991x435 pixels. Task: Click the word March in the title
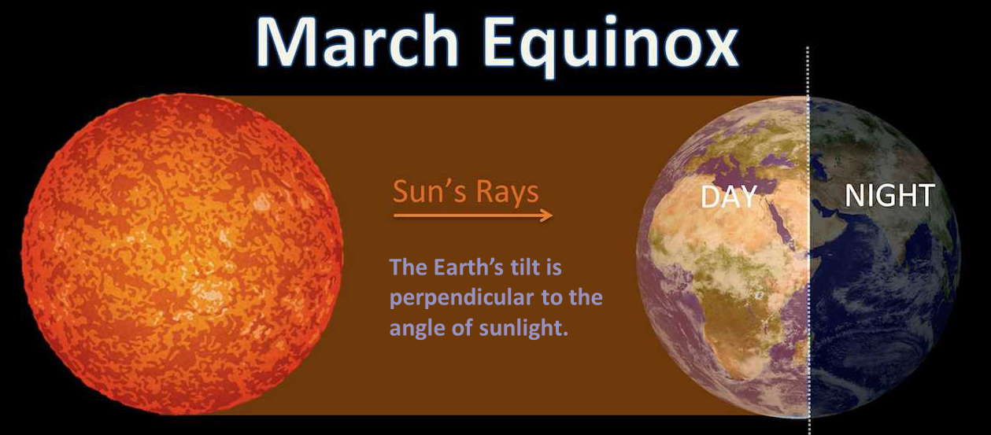coord(357,42)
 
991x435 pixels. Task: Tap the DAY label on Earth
coord(729,197)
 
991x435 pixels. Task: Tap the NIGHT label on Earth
coord(889,195)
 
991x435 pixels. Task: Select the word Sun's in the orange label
coord(427,192)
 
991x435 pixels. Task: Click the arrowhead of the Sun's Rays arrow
coord(548,216)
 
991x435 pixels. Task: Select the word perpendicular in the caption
coord(462,298)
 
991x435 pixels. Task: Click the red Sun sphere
coord(183,254)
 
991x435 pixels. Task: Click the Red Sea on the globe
coord(779,221)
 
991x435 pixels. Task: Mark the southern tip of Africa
coord(743,379)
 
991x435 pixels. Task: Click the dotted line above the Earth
coord(808,71)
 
